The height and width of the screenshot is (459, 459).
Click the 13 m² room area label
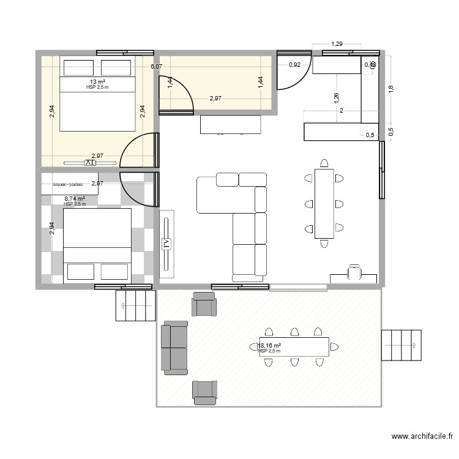97,81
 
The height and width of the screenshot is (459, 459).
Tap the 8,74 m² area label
75,198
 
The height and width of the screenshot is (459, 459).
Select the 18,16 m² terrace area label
269,346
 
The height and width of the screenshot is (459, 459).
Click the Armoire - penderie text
67,184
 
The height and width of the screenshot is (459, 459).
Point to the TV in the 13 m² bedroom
90,163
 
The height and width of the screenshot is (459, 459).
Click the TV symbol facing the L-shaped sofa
166,244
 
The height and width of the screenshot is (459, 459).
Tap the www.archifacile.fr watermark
422,436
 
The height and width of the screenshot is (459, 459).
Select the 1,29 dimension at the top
337,43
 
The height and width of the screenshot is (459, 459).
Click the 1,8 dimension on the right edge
392,89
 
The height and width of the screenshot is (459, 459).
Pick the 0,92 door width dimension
294,64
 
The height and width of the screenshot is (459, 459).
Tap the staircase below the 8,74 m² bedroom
135,304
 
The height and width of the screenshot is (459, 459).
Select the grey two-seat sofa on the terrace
174,347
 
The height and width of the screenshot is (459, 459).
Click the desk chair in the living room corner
354,272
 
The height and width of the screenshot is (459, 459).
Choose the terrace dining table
294,347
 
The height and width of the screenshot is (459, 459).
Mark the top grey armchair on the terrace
203,304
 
